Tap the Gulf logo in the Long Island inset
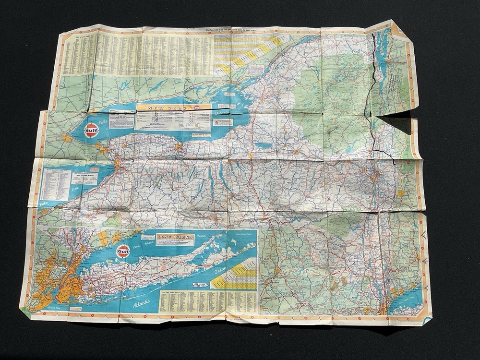tap(123, 251)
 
